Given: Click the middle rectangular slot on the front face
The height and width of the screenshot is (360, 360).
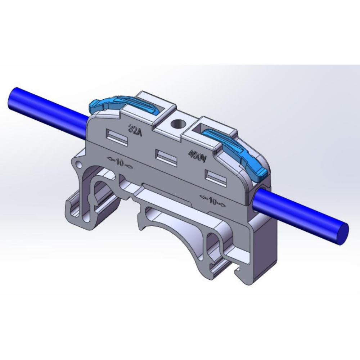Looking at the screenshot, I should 166,157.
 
